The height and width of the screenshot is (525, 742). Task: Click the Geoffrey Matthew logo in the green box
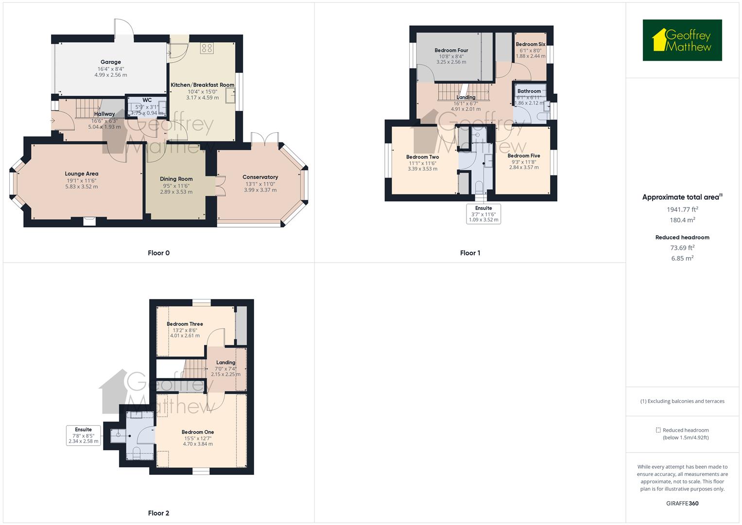click(682, 40)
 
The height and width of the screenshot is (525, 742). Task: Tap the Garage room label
click(110, 62)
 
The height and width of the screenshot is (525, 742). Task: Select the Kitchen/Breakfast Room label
click(202, 85)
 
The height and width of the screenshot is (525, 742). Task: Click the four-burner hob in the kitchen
click(207, 48)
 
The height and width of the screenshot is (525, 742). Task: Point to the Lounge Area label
click(82, 174)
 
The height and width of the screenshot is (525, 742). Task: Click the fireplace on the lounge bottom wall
click(89, 221)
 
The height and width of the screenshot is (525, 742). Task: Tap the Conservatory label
click(260, 177)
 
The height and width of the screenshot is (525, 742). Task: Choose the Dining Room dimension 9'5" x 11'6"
click(176, 186)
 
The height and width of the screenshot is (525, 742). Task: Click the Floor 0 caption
click(158, 253)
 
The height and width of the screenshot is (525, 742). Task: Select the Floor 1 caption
click(470, 253)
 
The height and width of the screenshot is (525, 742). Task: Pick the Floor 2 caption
click(158, 513)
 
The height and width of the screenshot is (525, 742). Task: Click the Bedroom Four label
click(451, 51)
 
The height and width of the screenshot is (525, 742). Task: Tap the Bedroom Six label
click(530, 44)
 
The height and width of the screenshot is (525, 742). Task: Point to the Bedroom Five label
click(523, 156)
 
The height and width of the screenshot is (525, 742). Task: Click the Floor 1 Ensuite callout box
click(483, 214)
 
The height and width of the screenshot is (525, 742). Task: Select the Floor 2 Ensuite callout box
click(84, 436)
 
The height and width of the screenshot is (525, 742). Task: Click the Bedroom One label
click(198, 432)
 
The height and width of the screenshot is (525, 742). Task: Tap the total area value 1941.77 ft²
click(682, 210)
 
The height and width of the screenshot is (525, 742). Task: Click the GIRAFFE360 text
click(682, 503)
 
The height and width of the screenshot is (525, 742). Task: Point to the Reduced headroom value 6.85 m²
click(682, 258)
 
